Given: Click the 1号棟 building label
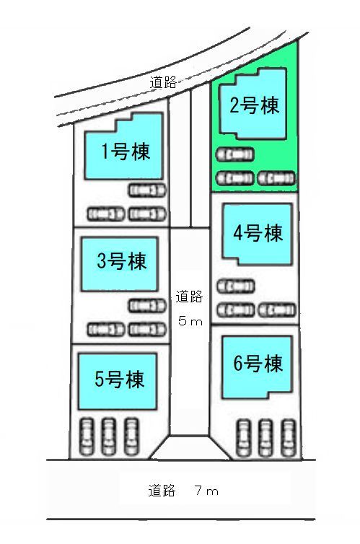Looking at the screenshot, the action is coord(126,152).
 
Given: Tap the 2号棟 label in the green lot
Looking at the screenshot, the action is coord(254,105).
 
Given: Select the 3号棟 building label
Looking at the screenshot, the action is coord(122,260).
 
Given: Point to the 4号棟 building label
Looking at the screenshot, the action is coord(258,232).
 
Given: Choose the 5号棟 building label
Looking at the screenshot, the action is coord(119,379).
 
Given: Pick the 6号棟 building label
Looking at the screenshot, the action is coord(258,363).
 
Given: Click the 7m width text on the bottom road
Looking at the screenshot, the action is coord(207,491).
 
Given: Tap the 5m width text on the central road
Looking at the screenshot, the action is coord(190,321).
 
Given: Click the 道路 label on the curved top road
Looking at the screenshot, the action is coord(163,82).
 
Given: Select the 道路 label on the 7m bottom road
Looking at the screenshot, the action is coord(162,491).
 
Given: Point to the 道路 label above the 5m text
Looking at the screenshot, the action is coord(189,297).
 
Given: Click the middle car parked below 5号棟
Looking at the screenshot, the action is coord(108,436).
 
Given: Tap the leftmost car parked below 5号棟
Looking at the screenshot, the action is coord(87,436).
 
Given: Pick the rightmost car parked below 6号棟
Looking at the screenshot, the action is coord(289,438).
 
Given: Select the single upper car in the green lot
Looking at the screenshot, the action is coord(234,154).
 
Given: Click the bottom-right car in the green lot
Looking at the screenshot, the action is coord(276,178).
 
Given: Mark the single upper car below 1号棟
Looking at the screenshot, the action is coord(147,190).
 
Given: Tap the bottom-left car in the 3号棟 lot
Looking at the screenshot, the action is coord(106,330).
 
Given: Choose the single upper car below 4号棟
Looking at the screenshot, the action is coord(236,286).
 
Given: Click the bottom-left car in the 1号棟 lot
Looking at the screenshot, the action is coord(106,214).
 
